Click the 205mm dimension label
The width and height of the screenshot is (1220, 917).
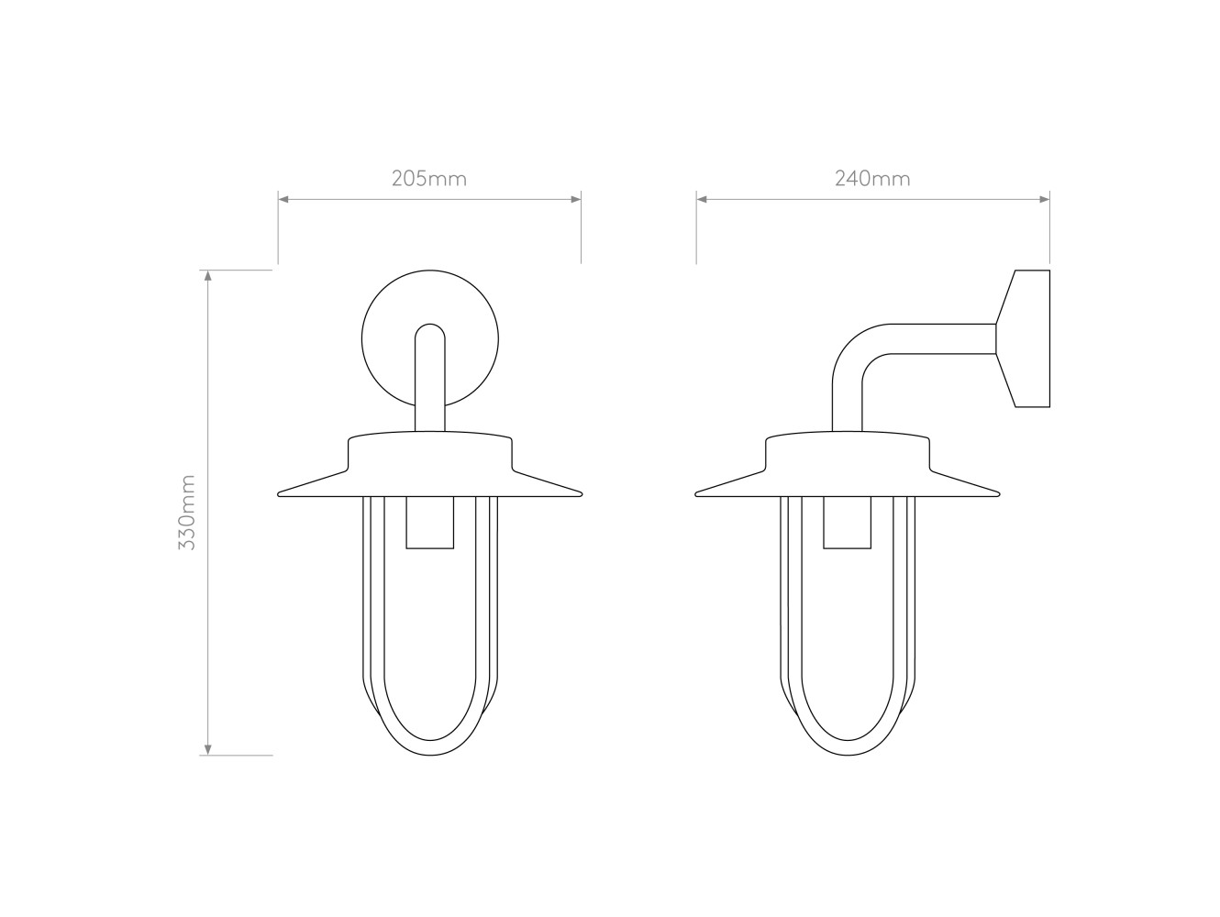[x=429, y=178]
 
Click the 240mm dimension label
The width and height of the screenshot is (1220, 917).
[x=872, y=178]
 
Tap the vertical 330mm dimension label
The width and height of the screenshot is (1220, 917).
[x=187, y=512]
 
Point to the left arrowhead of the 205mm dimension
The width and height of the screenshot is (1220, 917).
[x=283, y=199]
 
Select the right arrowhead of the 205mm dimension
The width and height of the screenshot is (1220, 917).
[x=576, y=199]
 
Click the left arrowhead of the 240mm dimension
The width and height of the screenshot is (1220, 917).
[x=702, y=199]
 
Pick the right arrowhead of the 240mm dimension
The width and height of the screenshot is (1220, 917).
[x=1045, y=199]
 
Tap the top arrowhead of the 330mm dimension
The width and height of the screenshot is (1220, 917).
[x=208, y=275]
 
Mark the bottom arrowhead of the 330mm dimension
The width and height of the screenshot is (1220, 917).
[x=208, y=750]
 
